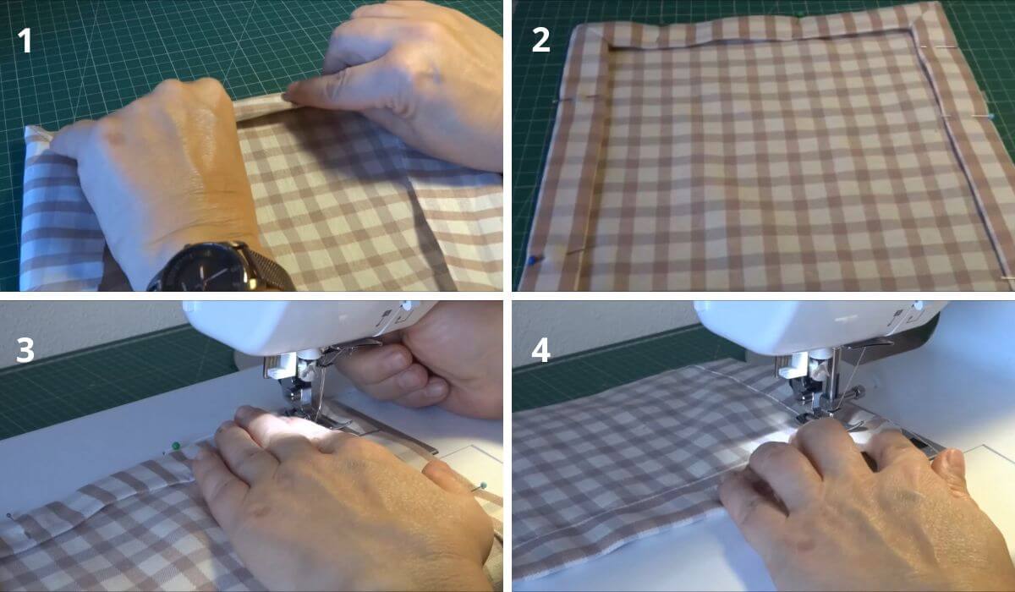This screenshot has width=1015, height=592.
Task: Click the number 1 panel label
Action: point(25,40)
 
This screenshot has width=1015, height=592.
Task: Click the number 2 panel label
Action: point(540,40)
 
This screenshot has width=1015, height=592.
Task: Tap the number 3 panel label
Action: point(25,349)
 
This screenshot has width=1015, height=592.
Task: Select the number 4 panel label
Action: point(540,349)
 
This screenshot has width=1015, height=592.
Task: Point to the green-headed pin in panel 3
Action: point(175,446)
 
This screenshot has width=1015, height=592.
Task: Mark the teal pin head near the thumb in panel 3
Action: point(483,485)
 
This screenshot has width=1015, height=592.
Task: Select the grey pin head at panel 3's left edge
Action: point(8,514)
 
